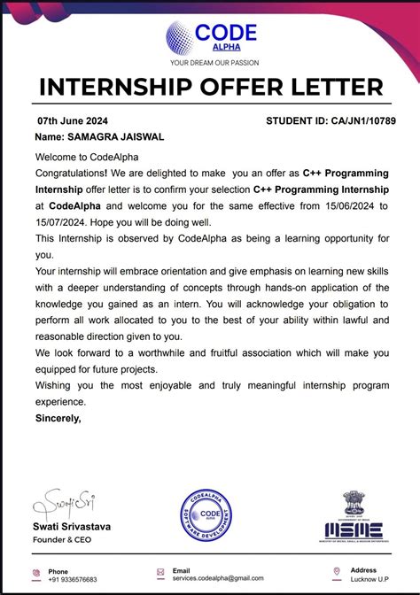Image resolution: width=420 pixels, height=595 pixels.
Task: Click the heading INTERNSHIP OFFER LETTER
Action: [x=210, y=88]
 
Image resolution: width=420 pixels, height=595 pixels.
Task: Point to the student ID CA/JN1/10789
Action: [x=362, y=120]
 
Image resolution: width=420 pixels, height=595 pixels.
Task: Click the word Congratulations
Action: [x=71, y=174]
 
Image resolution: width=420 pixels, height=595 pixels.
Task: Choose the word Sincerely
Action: [x=58, y=417]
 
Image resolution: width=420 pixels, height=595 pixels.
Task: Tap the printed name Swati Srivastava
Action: [x=72, y=526]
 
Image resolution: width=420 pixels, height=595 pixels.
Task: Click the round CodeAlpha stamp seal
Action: [x=210, y=517]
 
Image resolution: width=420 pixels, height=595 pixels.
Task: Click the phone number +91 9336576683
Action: [x=73, y=579]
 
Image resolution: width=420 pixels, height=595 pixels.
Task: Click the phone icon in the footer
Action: [x=35, y=573]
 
